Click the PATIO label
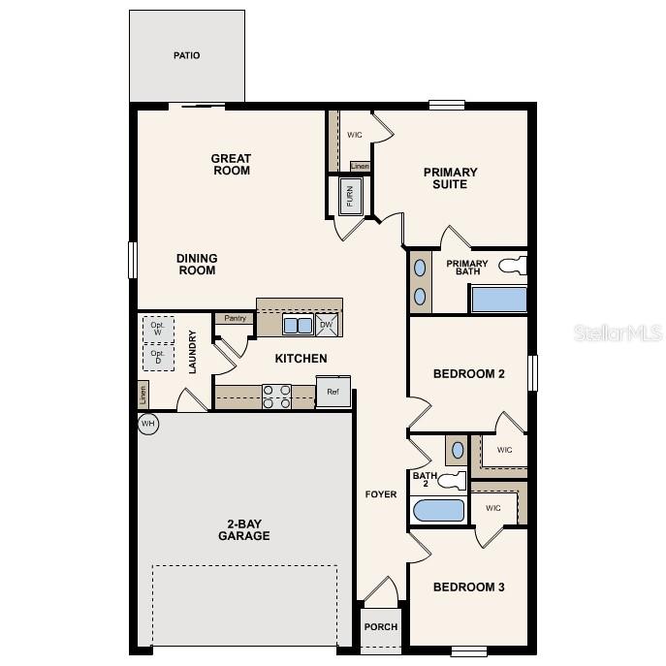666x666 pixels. click(x=187, y=55)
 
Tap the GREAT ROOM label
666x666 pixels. click(x=232, y=165)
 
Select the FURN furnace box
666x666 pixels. click(x=350, y=197)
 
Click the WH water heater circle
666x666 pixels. click(x=147, y=424)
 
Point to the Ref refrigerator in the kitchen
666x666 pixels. click(x=333, y=393)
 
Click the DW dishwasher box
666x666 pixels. click(x=328, y=325)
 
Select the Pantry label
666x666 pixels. click(x=235, y=318)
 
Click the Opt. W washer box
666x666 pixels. click(x=158, y=329)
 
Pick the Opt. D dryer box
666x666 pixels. click(x=158, y=357)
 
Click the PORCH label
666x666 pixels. click(x=381, y=626)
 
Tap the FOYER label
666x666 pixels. click(x=381, y=494)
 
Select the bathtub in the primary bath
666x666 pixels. click(x=499, y=299)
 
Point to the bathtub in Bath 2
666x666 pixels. click(x=439, y=511)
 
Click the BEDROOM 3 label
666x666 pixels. click(x=469, y=587)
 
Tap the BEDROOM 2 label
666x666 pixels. click(x=469, y=373)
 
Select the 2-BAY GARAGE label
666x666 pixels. click(x=243, y=530)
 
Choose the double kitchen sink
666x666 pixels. click(x=297, y=325)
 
